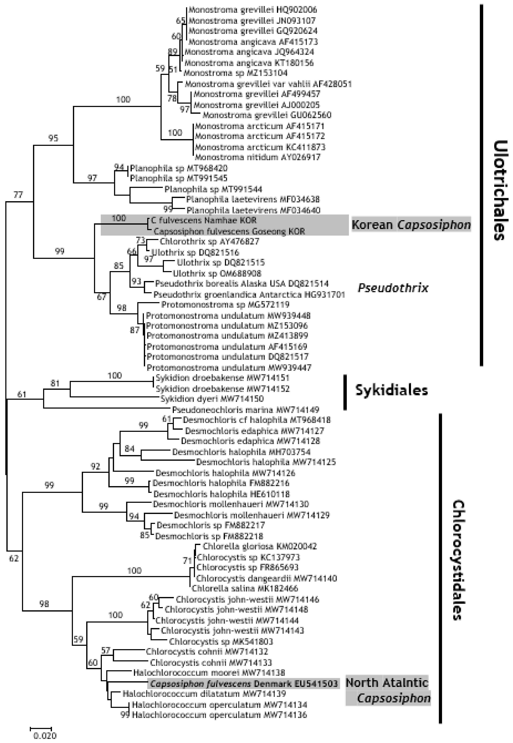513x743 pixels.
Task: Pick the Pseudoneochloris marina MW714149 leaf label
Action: click(246, 410)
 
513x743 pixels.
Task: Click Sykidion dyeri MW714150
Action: click(212, 399)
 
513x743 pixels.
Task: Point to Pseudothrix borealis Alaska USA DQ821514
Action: click(242, 284)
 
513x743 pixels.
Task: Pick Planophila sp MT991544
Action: click(213, 189)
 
